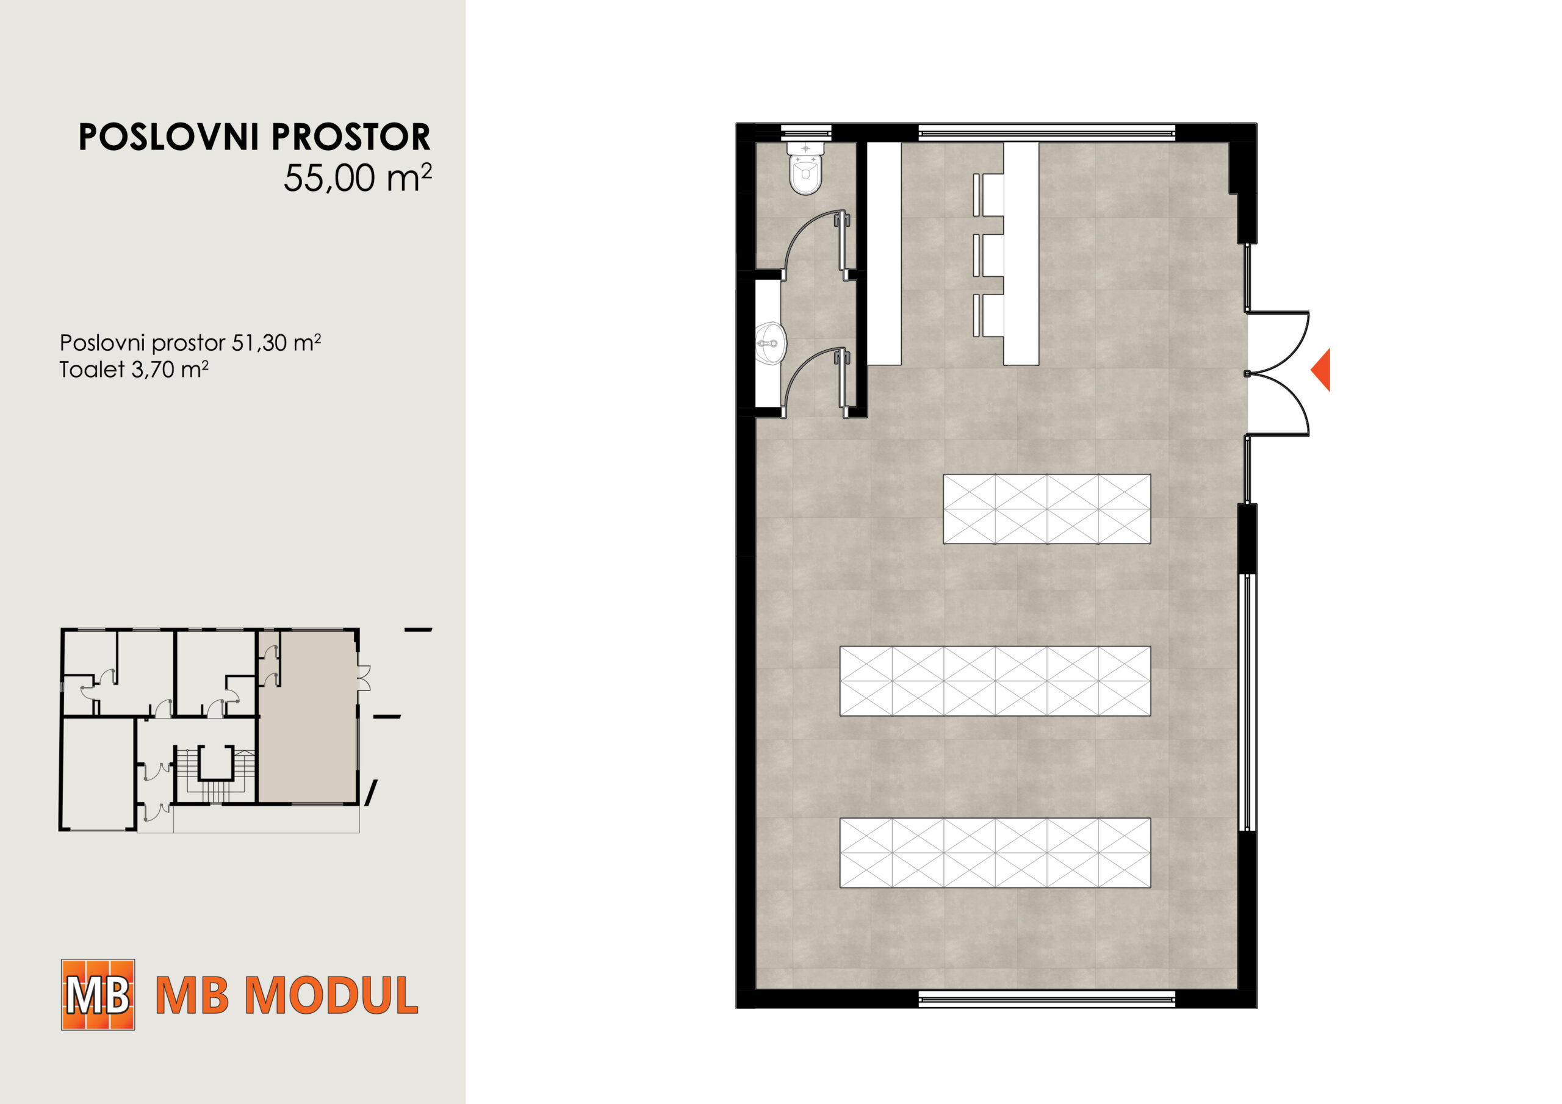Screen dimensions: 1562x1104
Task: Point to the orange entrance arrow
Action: pos(1320,370)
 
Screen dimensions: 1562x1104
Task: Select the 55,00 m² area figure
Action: pos(358,178)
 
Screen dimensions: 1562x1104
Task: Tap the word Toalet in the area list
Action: pos(93,370)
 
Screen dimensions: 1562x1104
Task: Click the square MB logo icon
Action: pos(98,994)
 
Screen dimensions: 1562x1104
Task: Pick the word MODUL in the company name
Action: pos(331,996)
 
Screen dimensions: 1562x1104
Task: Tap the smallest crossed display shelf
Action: pos(1046,509)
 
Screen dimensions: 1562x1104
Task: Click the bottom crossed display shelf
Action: pos(995,853)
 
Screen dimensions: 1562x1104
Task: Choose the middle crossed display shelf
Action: pos(995,681)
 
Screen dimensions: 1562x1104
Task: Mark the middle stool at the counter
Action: pos(988,255)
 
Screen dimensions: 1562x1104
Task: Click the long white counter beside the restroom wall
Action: pos(884,254)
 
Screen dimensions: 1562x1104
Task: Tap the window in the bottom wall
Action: pos(1047,998)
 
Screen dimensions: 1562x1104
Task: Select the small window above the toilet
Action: pos(805,132)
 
